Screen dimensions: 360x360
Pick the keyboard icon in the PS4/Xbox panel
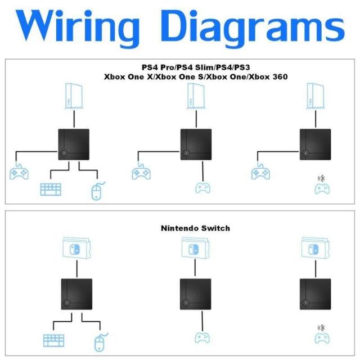[x=50, y=189]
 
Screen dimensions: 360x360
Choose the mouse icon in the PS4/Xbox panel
[x=97, y=191]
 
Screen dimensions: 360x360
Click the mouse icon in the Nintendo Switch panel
[x=100, y=341]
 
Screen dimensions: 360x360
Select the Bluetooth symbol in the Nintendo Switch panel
[x=322, y=327]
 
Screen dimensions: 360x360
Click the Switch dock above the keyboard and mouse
[x=74, y=248]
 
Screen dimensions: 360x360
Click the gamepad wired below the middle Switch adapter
[x=202, y=338]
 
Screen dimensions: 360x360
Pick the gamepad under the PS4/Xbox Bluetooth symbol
[x=322, y=190]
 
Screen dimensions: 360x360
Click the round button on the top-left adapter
[x=64, y=153]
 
